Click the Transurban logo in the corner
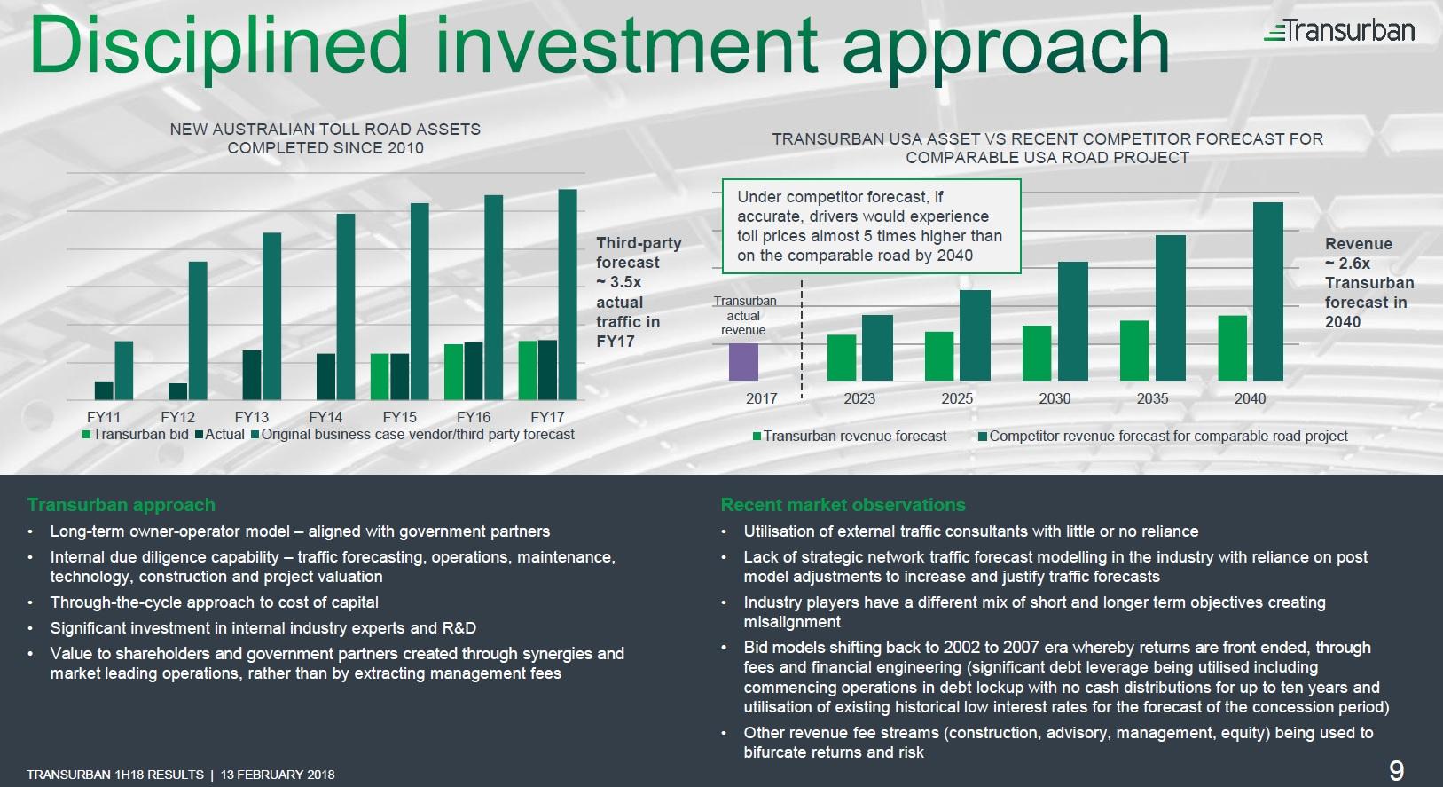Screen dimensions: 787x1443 click(x=1339, y=31)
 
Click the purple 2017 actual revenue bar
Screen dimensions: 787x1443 click(x=743, y=362)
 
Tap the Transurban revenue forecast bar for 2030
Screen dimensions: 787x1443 click(x=1037, y=353)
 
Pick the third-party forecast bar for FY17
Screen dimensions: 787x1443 click(x=567, y=294)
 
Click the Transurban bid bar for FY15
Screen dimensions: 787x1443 click(x=380, y=376)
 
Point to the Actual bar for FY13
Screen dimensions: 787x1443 click(x=252, y=374)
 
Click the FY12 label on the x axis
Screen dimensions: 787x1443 click(x=177, y=417)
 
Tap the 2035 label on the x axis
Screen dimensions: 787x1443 click(x=1152, y=399)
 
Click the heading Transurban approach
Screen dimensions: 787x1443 click(x=122, y=505)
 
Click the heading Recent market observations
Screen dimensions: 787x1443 click(x=843, y=505)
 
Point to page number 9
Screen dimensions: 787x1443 click(x=1396, y=770)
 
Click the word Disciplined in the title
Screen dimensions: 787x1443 click(x=217, y=46)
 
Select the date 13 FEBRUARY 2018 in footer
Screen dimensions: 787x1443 click(x=278, y=775)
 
